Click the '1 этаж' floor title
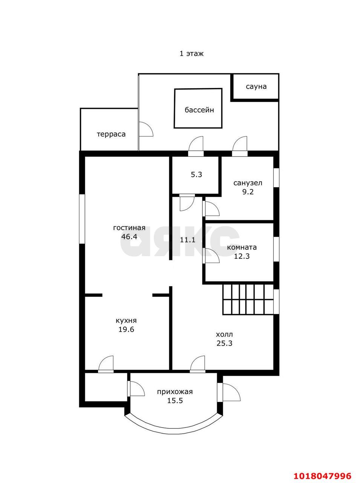tap(191, 54)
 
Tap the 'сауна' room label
tap(256, 86)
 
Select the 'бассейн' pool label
tap(199, 110)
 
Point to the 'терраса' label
tap(111, 134)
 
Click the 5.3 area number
tap(196, 174)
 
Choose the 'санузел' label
tap(248, 183)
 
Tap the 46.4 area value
tap(129, 236)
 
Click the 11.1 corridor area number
tap(187, 240)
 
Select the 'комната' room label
tap(242, 247)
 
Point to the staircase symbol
tap(248, 300)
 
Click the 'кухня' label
tap(126, 320)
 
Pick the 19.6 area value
tap(126, 329)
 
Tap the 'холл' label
tap(224, 334)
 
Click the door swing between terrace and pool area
tap(146, 129)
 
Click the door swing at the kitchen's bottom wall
tap(106, 363)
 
